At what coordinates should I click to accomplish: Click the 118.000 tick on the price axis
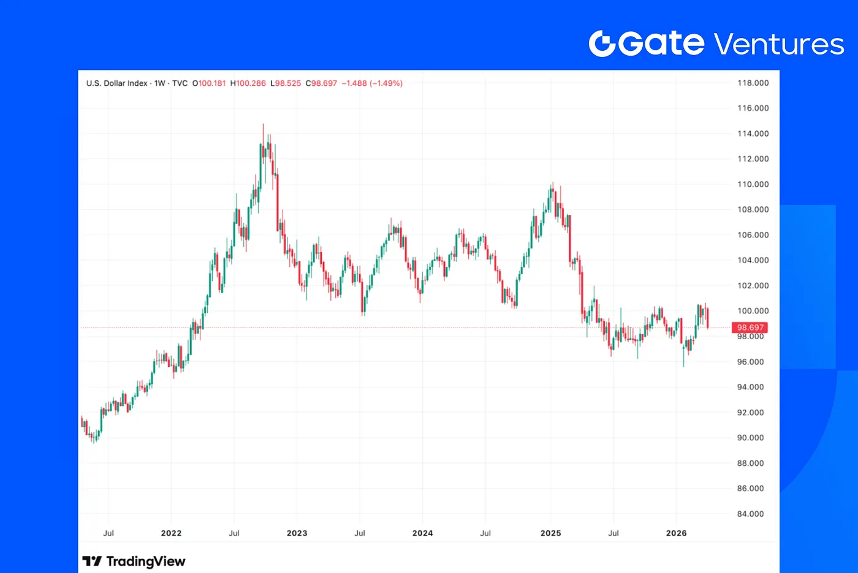(x=753, y=83)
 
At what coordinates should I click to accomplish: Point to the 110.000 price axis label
(x=753, y=184)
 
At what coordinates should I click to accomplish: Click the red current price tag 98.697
(x=750, y=328)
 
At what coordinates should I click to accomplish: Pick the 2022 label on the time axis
(x=171, y=533)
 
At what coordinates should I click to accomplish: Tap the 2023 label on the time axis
(x=297, y=533)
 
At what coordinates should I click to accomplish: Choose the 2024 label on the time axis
(x=422, y=533)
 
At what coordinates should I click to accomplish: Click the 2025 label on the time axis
(x=550, y=533)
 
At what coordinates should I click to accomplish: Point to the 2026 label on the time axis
(x=676, y=533)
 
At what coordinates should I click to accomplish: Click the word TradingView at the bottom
(x=145, y=561)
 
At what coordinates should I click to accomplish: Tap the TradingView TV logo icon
(x=91, y=561)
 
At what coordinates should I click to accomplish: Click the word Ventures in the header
(x=779, y=45)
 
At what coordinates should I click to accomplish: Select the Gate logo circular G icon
(x=602, y=44)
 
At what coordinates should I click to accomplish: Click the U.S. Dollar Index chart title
(x=116, y=83)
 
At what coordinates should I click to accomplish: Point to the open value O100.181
(x=209, y=83)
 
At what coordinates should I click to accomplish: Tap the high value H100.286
(x=248, y=83)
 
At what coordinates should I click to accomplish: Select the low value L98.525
(x=286, y=83)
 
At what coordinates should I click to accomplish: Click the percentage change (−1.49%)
(x=386, y=83)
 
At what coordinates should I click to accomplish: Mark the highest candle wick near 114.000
(x=263, y=125)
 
